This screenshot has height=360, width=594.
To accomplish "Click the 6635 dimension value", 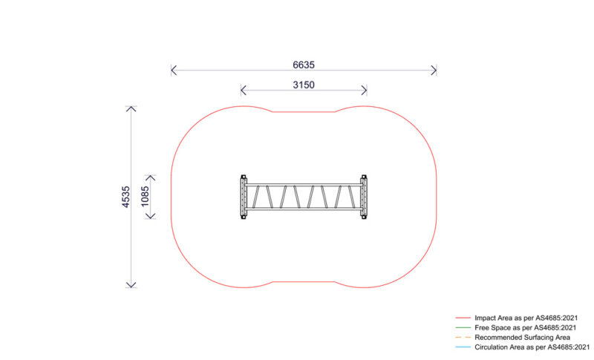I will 303,65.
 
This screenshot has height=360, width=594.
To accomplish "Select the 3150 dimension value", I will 303,85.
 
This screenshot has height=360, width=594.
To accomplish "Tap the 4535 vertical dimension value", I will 126,197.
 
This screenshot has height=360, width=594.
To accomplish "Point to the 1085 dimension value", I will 146,197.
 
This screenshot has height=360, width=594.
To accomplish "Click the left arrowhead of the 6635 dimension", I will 172,71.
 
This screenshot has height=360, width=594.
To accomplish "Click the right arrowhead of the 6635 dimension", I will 435,71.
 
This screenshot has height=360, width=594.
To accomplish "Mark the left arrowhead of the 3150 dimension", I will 242,91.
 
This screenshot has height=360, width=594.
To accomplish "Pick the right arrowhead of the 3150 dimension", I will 365,91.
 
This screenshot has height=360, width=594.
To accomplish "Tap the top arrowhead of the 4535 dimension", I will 131,109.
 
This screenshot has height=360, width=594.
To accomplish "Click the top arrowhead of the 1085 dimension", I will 151,177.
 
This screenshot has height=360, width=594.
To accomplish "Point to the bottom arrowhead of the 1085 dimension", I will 151,217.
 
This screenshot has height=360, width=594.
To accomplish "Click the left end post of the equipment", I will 243,197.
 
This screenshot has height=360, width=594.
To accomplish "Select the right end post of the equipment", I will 363,197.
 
